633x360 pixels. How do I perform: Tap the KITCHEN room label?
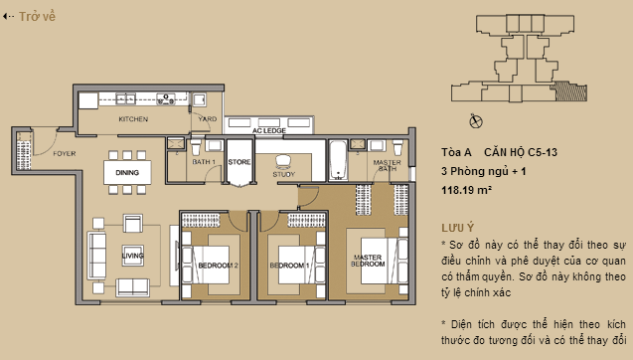(x=133, y=119)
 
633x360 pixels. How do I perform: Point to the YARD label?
(x=207, y=119)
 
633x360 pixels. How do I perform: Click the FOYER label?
(x=66, y=153)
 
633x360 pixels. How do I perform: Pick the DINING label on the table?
(x=126, y=173)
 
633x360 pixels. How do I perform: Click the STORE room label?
(x=238, y=160)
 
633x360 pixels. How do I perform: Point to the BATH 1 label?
(x=204, y=161)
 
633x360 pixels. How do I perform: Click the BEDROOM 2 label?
(x=219, y=266)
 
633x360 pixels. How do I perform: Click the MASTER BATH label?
(x=386, y=165)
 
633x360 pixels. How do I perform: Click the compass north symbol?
(x=475, y=121)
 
